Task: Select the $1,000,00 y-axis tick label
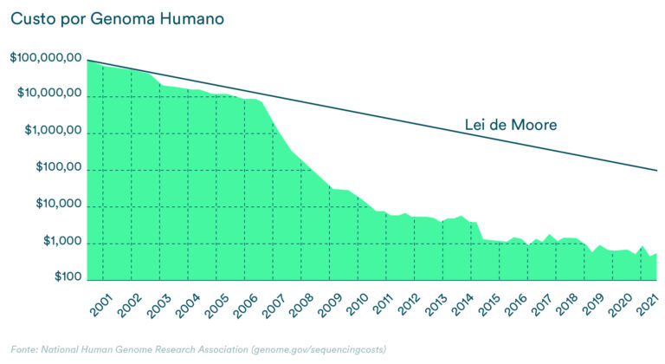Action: point(52,130)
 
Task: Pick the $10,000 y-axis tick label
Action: point(56,205)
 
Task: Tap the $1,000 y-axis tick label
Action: point(61,241)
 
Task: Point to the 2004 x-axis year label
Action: point(189,306)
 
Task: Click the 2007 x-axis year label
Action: point(274,306)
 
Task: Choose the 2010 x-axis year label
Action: point(358,306)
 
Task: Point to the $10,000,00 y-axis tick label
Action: point(49,94)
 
